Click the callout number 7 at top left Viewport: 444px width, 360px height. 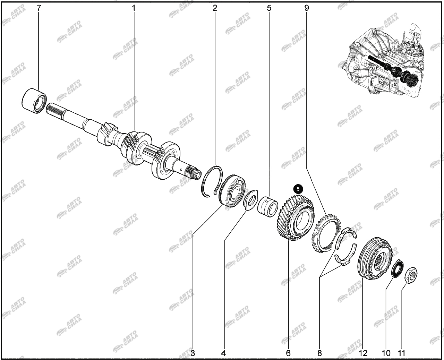click(39, 8)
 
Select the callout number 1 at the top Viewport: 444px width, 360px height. click(134, 8)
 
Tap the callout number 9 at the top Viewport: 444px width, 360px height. click(306, 8)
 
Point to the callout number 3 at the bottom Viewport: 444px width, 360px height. click(193, 353)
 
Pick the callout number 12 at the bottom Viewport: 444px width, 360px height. click(363, 353)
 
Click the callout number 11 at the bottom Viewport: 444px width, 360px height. click(401, 353)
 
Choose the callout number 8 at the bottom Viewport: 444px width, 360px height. click(319, 353)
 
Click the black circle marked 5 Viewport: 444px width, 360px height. click(298, 189)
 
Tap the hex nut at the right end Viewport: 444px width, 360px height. click(411, 275)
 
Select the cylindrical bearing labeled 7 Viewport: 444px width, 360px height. click(34, 101)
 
